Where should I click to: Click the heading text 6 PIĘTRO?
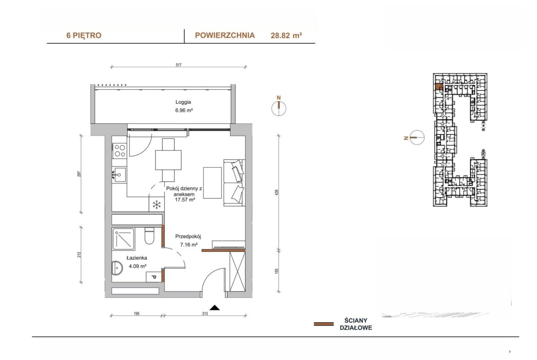(84, 36)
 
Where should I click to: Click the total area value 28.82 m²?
(286, 35)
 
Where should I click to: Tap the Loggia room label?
(183, 102)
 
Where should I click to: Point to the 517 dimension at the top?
(179, 65)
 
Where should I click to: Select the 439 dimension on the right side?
(277, 192)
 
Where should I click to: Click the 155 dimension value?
(277, 271)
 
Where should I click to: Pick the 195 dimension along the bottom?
(136, 314)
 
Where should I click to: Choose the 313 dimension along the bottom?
(205, 314)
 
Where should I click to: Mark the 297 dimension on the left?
(79, 174)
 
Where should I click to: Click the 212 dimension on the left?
(79, 255)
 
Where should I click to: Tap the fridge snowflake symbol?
(157, 205)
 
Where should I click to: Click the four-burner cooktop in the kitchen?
(120, 150)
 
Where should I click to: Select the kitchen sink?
(119, 175)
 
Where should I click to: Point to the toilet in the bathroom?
(149, 236)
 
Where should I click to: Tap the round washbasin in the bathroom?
(117, 268)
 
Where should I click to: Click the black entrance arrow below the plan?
(215, 307)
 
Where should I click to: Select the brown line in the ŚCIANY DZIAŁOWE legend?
(324, 324)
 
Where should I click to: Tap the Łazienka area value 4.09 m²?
(138, 266)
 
